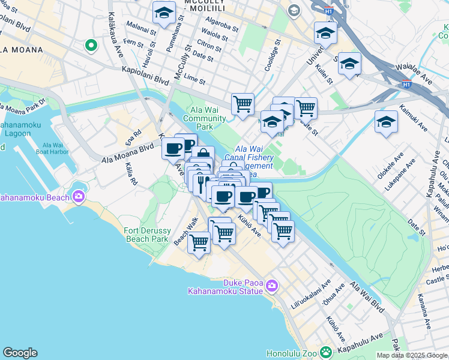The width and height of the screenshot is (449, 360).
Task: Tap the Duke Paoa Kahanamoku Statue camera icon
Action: click(271, 286)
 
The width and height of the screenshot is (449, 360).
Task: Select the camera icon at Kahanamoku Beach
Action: click(78, 197)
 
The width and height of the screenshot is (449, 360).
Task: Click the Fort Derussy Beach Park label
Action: click(148, 235)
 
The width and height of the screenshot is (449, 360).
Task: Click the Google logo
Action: click(20, 353)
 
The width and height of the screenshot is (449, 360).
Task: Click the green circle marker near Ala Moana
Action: click(91, 44)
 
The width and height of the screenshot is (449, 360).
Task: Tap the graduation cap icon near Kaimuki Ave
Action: click(386, 122)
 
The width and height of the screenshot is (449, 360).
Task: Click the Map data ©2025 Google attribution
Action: click(411, 355)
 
